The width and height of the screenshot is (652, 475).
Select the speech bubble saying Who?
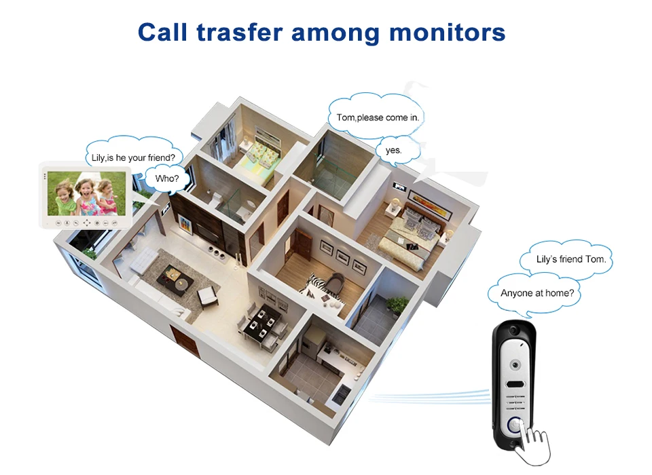tap(167, 179)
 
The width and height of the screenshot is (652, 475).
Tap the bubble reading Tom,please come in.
tap(377, 117)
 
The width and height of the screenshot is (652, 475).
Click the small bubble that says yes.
tap(393, 150)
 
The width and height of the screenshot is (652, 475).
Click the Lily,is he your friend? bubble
tap(133, 157)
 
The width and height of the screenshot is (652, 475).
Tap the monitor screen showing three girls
tap(86, 193)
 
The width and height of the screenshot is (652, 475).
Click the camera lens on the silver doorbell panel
tap(521, 362)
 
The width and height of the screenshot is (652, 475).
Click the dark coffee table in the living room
tap(174, 276)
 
